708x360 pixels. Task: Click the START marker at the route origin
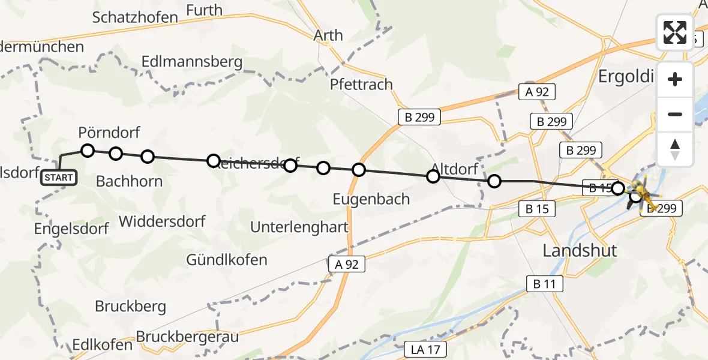59,178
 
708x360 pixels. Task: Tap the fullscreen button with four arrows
675,32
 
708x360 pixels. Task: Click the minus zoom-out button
675,114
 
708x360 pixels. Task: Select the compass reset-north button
675,149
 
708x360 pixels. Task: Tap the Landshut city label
580,250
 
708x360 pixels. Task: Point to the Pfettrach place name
361,85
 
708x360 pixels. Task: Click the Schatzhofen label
135,17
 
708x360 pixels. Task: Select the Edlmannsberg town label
192,62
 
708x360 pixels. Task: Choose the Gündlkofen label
227,260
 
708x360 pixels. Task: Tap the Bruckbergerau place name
187,337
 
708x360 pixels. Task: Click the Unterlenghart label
299,227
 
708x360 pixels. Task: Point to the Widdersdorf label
162,221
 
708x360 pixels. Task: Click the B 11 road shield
545,284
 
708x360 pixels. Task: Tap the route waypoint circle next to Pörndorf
88,150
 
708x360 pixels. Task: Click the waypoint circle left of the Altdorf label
433,176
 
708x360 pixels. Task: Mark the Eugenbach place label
372,199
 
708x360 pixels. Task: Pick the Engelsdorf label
71,229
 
